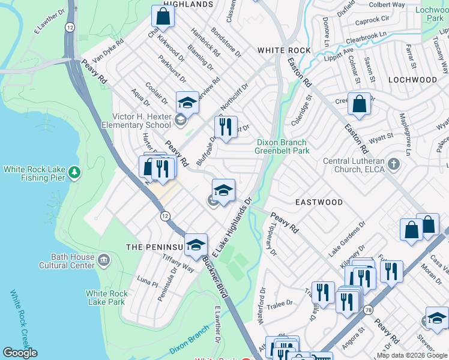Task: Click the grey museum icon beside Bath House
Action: coord(104,260)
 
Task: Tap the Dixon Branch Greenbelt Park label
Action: coord(283,146)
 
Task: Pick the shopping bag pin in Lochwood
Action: coord(359,104)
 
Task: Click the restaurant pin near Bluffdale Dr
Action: coord(226,127)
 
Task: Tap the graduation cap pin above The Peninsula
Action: coord(196,244)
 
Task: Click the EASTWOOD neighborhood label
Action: coord(319,202)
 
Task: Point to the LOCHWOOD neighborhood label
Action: coord(412,79)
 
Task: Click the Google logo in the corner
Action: coord(20,353)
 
